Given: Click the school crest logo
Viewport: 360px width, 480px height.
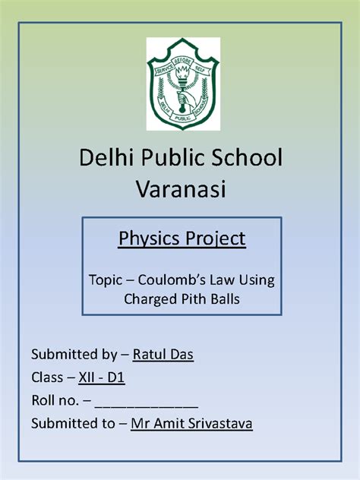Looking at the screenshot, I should [x=182, y=84].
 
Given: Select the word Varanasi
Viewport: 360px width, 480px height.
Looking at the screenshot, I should [x=180, y=188].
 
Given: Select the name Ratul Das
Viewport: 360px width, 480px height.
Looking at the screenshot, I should [x=163, y=355].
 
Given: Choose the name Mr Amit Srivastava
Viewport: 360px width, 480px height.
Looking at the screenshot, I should [x=191, y=423].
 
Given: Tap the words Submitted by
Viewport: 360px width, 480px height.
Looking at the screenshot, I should [x=68, y=355].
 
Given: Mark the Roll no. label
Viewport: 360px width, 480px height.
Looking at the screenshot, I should [x=55, y=400].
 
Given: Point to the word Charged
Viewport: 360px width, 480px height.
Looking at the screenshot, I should [x=150, y=298].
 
